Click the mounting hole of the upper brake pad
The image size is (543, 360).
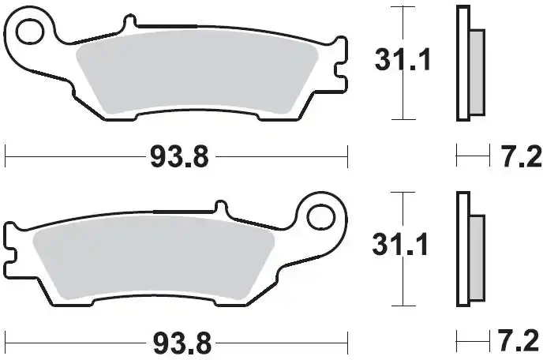coord(30,32)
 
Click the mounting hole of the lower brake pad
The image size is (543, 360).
coord(321,218)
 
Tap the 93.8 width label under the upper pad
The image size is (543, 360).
coord(179,156)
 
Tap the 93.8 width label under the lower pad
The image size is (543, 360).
coord(182,343)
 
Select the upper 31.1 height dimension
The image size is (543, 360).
coord(403,60)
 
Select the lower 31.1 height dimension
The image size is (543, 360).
coord(400,244)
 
